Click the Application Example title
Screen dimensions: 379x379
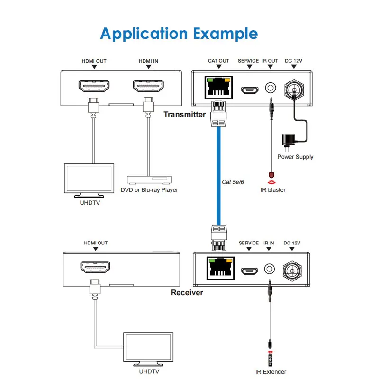coord(179,34)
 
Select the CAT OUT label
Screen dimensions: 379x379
coord(218,61)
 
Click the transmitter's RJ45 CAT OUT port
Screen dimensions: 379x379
coord(218,88)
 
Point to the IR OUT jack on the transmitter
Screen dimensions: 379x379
coord(271,88)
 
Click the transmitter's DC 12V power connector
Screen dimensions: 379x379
coord(293,88)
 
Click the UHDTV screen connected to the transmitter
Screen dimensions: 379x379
coord(89,179)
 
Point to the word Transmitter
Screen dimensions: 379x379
coord(184,114)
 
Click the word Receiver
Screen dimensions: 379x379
coord(187,292)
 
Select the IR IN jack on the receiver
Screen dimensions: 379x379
coord(269,269)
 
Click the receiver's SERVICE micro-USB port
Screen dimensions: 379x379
coord(248,271)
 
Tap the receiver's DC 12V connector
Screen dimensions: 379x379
coord(292,270)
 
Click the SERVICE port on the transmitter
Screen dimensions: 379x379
coord(248,89)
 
